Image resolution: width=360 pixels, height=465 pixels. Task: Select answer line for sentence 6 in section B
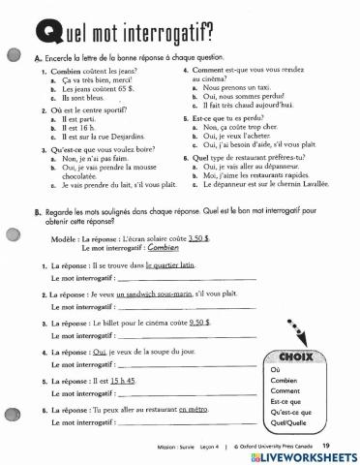(x=174, y=423)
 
